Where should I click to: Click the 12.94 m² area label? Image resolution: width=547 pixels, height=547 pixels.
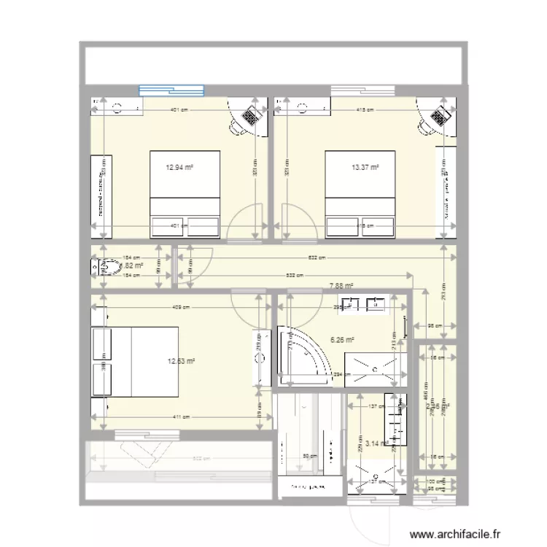click(x=179, y=167)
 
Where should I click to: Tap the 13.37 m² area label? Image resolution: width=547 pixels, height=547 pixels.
click(x=365, y=167)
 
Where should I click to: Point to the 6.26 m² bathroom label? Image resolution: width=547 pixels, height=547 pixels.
click(x=342, y=339)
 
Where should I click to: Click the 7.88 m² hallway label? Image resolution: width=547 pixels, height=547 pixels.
click(x=341, y=286)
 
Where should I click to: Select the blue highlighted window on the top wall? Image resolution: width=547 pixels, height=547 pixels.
click(x=171, y=90)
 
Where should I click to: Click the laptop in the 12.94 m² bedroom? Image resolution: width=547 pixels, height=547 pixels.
click(x=252, y=115)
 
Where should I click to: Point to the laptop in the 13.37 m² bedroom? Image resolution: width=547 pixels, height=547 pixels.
click(x=440, y=115)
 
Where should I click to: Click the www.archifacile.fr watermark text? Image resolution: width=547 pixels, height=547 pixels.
click(x=457, y=533)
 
